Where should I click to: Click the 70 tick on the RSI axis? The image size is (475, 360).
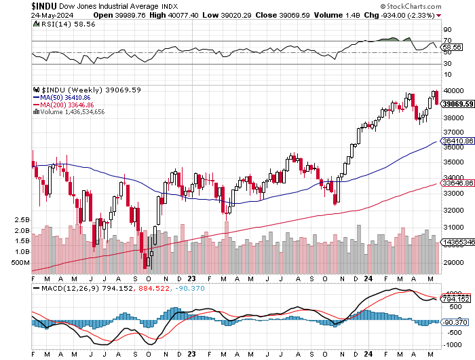tap(448, 41)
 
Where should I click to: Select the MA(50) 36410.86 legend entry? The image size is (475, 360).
tap(65, 97)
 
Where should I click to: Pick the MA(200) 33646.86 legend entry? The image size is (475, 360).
tap(67, 105)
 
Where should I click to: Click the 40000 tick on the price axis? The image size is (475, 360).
tap(452, 90)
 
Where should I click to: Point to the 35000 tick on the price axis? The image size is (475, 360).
tap(452, 162)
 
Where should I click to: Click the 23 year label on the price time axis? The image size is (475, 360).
tap(192, 277)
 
